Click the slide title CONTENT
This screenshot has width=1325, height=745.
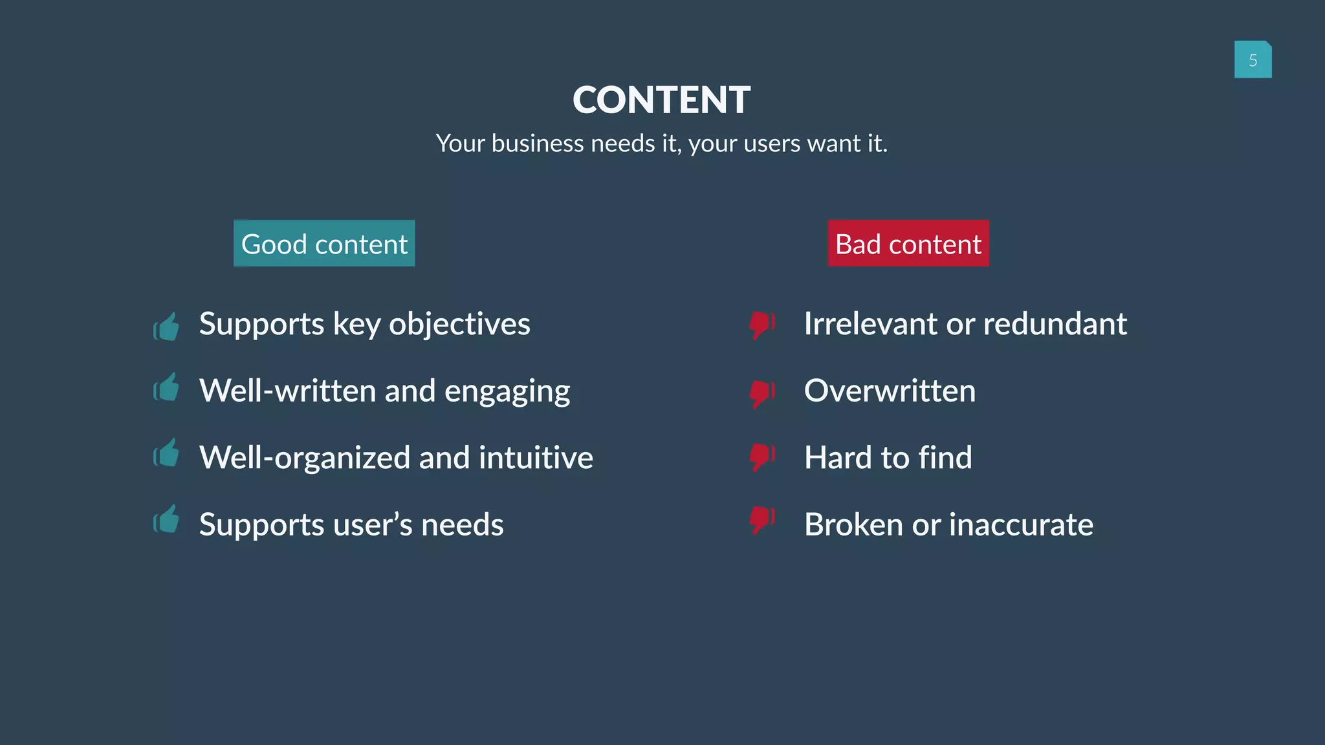tap(661, 100)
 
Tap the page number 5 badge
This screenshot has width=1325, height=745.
tap(1253, 60)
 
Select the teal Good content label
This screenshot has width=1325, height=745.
tap(324, 244)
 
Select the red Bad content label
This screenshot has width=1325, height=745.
tap(908, 244)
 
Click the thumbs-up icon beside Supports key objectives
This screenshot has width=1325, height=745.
tap(166, 327)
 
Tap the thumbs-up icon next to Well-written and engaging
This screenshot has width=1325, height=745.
tap(166, 388)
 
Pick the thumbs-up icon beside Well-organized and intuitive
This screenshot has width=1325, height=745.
tap(166, 453)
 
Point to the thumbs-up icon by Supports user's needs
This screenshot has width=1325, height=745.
tap(166, 519)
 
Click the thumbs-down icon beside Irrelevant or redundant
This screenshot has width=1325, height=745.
tap(761, 325)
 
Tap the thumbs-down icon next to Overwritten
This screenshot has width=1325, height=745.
tap(761, 393)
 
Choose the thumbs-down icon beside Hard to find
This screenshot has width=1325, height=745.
tap(761, 457)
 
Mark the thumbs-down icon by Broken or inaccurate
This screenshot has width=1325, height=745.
tap(761, 520)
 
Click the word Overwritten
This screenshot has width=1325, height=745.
tap(890, 391)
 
